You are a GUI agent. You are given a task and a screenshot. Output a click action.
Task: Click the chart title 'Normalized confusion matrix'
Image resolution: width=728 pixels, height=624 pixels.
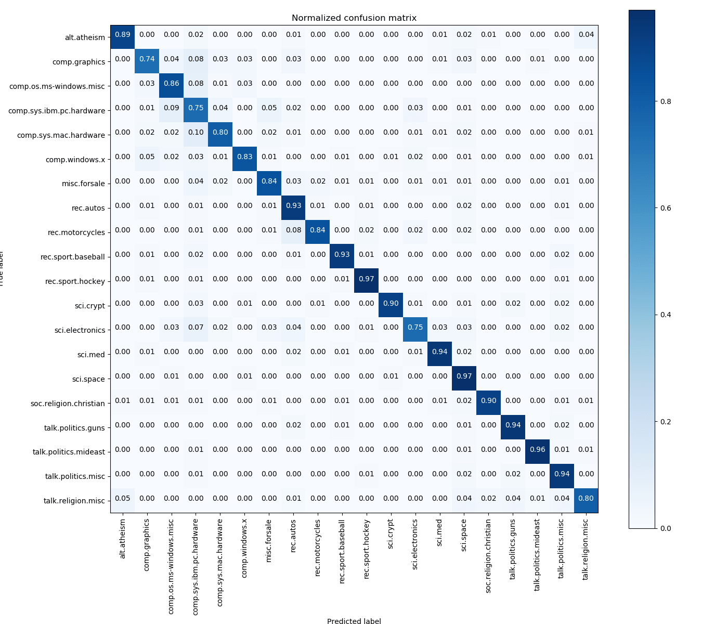point(354,18)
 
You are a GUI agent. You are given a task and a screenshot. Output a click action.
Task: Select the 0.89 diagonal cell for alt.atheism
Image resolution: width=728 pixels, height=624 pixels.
point(123,35)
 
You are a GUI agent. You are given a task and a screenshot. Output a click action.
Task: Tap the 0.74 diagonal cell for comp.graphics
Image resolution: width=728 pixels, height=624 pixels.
point(147,59)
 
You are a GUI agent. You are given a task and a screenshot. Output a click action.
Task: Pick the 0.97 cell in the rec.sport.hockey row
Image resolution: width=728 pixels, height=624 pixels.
point(367,279)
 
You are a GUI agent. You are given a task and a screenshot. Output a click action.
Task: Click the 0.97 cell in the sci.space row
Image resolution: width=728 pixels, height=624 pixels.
point(464,376)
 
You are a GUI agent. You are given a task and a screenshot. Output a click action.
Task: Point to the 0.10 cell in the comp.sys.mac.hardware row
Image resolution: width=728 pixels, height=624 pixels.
point(196,133)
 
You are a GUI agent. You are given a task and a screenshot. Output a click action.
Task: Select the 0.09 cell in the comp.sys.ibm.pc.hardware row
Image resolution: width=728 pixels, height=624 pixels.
point(172,108)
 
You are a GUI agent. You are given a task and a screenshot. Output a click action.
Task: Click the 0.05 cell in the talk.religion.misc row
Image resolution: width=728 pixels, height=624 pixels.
point(123,499)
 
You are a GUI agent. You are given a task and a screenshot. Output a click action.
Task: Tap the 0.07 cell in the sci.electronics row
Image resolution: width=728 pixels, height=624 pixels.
point(196,328)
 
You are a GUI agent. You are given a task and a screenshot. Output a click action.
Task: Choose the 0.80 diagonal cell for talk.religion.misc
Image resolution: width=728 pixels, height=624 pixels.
point(586,499)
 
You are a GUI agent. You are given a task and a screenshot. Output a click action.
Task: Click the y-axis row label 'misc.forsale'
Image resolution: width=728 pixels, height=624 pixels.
point(83,184)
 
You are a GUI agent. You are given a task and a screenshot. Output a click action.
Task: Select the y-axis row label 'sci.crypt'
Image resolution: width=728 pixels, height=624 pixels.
point(89,306)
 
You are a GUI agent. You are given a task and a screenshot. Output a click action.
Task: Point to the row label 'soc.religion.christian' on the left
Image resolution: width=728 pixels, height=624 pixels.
point(68,404)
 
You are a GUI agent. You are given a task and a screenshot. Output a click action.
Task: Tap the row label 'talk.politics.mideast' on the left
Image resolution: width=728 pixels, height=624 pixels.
point(69,452)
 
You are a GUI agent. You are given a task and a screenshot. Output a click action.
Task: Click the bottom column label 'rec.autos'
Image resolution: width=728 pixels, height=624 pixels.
point(293,535)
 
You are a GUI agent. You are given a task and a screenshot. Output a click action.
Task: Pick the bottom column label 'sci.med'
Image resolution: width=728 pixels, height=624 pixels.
point(440,532)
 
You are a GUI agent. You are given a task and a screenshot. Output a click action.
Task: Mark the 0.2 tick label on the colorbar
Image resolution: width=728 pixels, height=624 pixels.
point(665,422)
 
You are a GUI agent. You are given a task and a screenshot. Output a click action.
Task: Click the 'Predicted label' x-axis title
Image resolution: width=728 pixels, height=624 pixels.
point(354,621)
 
